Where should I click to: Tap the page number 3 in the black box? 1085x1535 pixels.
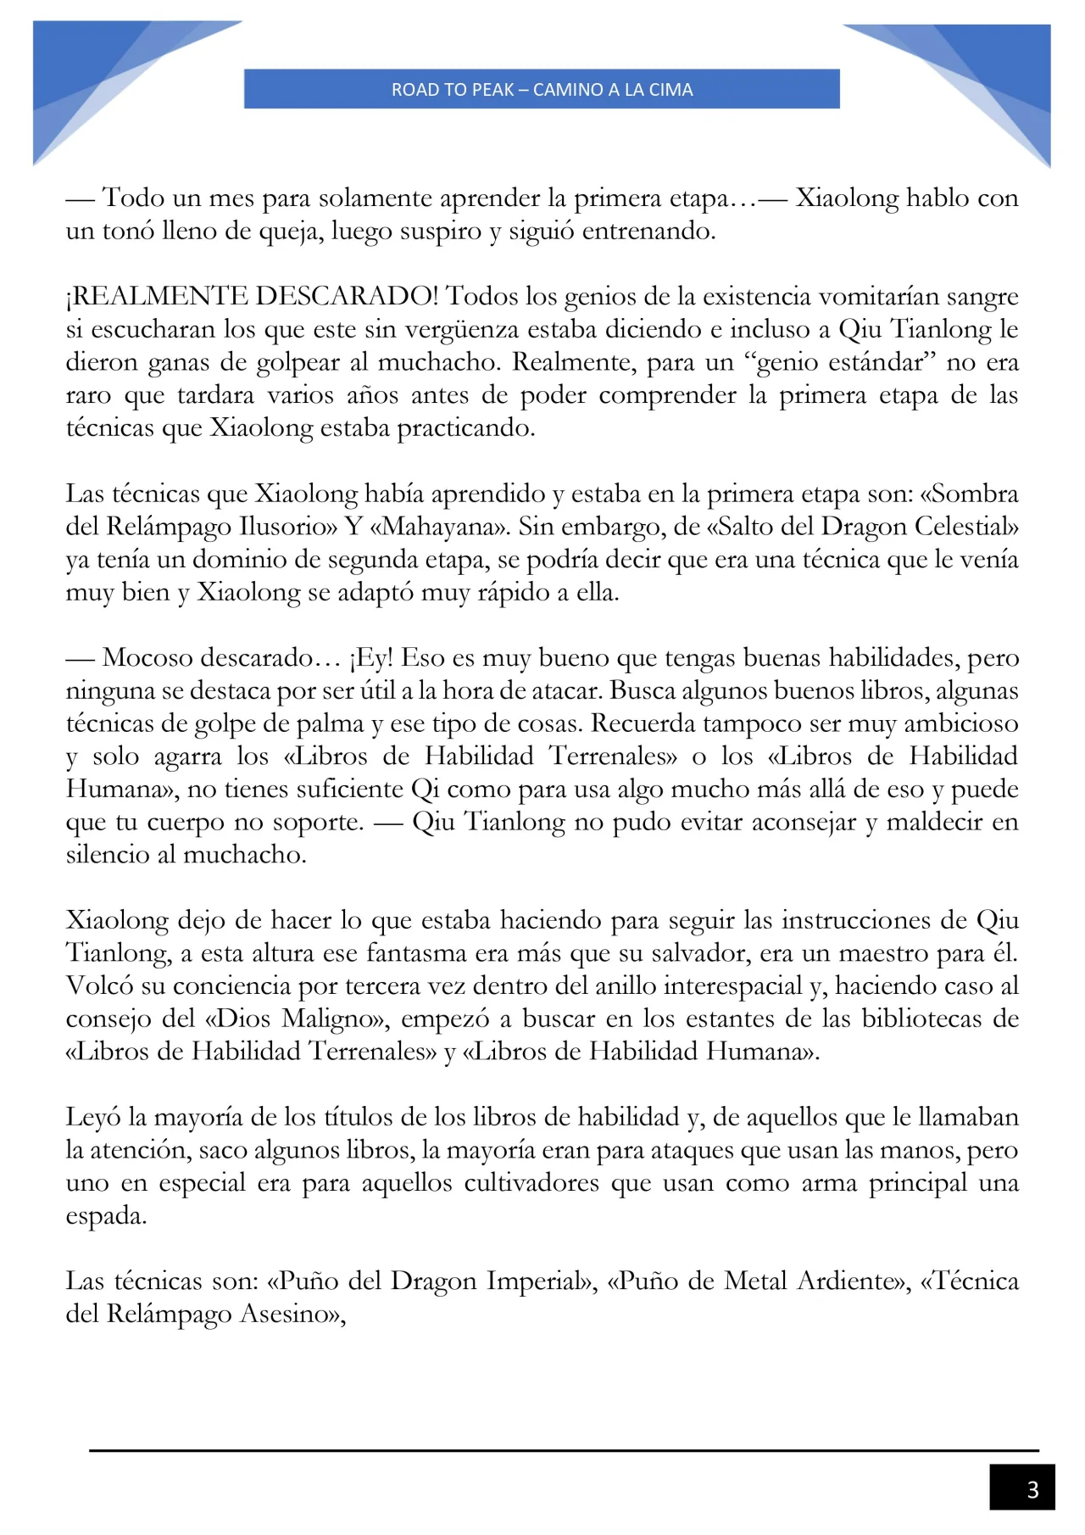(1032, 1490)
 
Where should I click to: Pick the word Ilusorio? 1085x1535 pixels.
(287, 527)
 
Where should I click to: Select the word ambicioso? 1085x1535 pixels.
(961, 723)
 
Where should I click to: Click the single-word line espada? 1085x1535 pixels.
(105, 1216)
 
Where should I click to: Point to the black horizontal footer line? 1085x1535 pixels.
(564, 1451)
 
